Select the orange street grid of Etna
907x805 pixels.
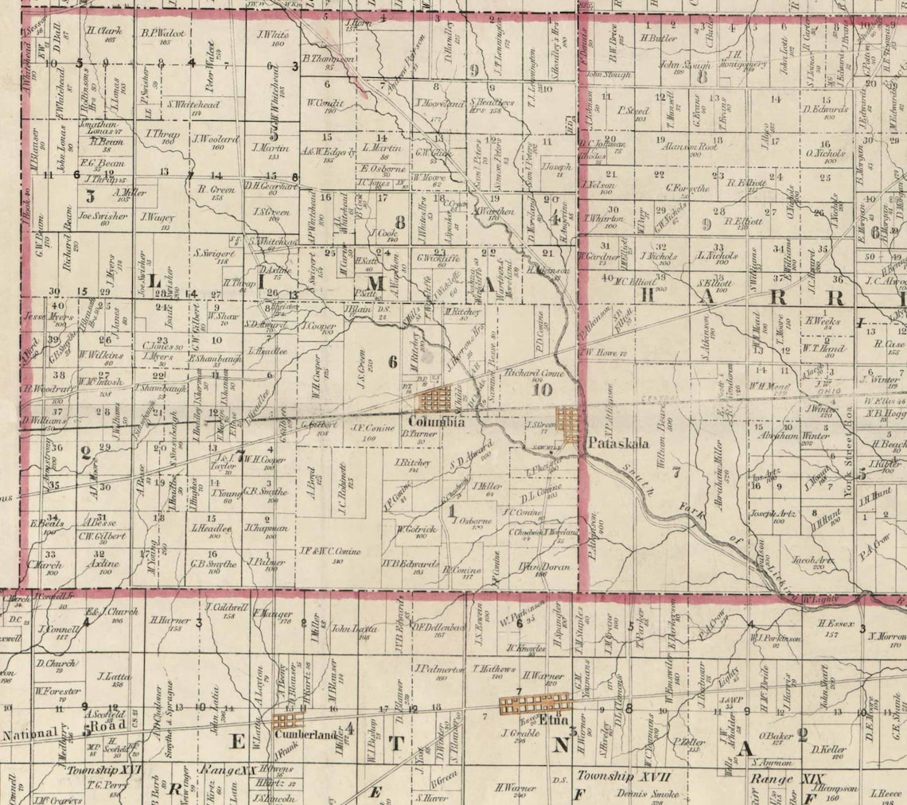pos(534,704)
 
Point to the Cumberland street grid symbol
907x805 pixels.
pos(283,721)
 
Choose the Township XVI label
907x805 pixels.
pos(103,770)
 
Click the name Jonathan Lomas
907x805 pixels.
pos(98,128)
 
